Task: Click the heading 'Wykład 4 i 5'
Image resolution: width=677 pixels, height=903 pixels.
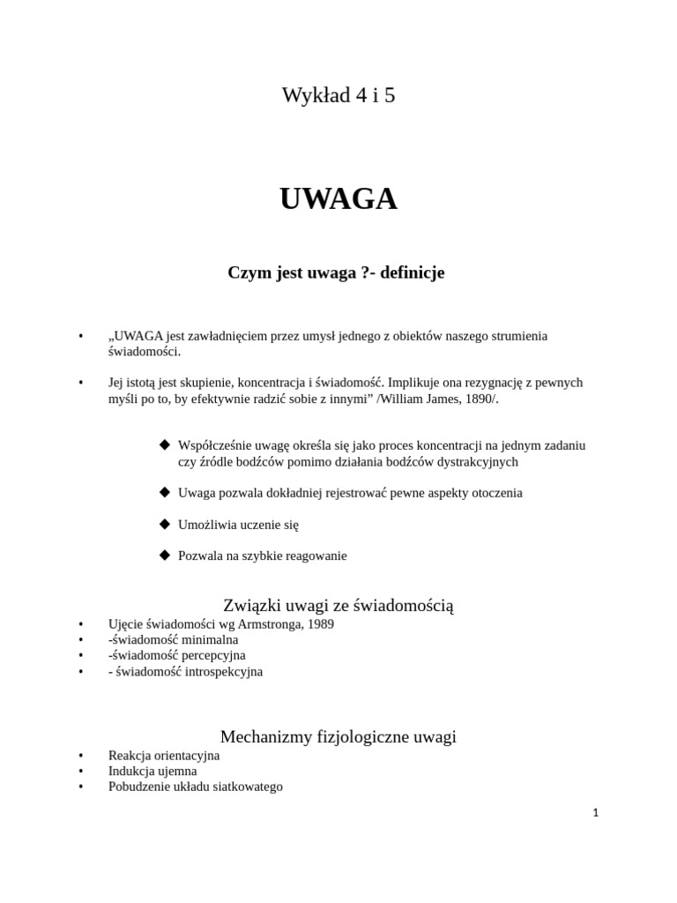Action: [x=338, y=95]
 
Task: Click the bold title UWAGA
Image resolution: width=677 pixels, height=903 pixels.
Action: [x=338, y=200]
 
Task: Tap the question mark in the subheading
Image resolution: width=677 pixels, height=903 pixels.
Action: [x=365, y=273]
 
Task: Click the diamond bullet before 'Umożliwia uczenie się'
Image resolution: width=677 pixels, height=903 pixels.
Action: [x=164, y=524]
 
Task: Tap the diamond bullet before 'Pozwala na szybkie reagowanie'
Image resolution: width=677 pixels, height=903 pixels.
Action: [x=164, y=556]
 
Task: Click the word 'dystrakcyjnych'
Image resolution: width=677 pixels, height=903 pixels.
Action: [x=476, y=461]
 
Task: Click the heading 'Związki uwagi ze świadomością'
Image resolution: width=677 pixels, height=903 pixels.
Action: [x=338, y=605]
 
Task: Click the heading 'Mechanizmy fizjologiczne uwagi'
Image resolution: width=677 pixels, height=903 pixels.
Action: [x=338, y=736]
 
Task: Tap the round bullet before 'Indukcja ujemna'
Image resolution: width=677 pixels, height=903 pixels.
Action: [x=80, y=771]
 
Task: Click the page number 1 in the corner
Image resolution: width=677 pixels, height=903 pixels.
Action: [x=596, y=813]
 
